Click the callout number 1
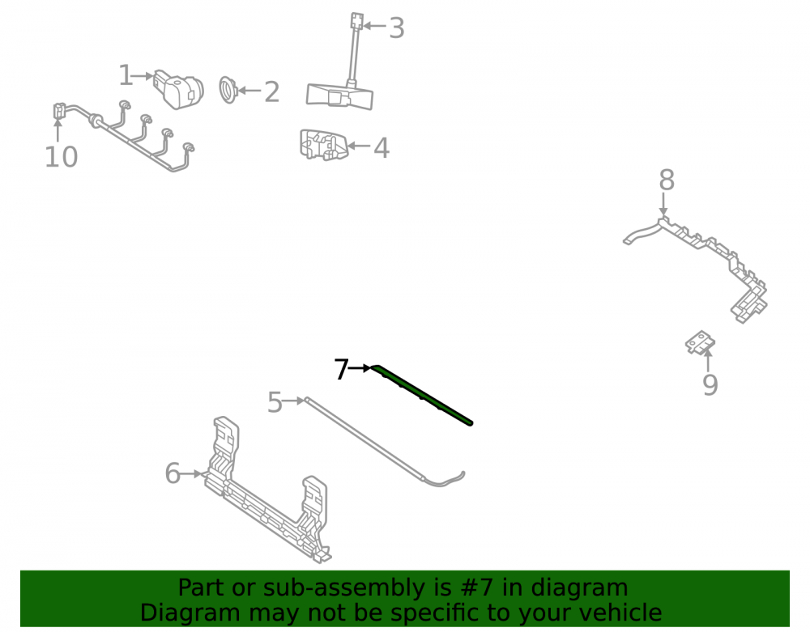pos(126,75)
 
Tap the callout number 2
pos(271,91)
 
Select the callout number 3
pos(396,28)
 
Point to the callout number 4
pos(381,148)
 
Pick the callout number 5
pos(275,402)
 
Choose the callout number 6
pos(173,473)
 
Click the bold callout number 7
pos(342,369)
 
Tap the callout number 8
pos(667,180)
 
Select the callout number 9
pos(710,384)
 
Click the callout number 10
pos(61,157)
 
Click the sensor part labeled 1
pos(179,89)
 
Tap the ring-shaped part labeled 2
pos(228,90)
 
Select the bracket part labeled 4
pos(323,145)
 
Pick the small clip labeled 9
pos(701,342)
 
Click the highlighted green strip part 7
pos(421,394)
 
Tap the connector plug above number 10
pos(59,112)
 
